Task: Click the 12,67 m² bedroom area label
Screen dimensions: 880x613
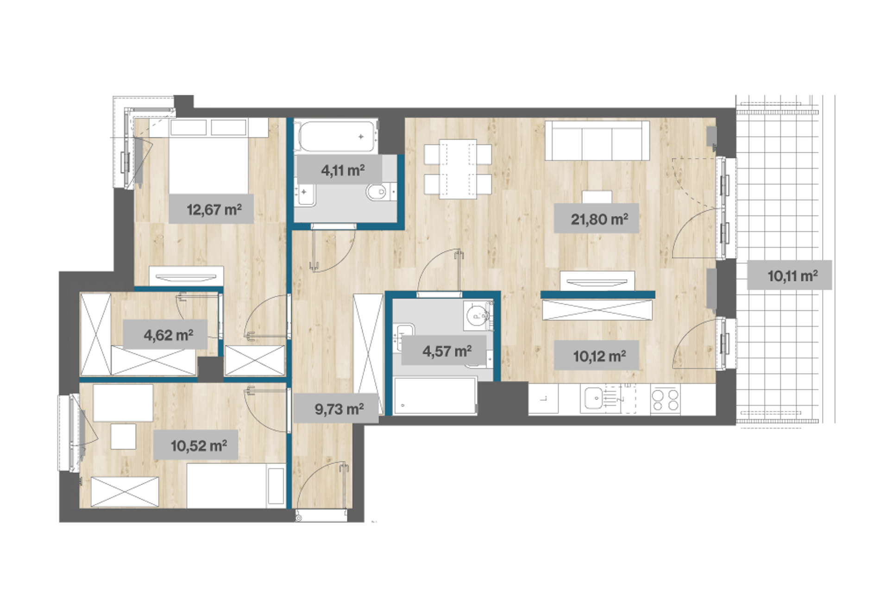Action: click(x=214, y=210)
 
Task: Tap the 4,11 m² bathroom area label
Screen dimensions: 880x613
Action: click(x=343, y=170)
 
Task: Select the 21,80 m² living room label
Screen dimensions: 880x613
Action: click(x=599, y=219)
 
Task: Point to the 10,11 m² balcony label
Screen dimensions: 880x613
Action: click(x=792, y=276)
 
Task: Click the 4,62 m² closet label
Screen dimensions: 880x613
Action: click(x=169, y=335)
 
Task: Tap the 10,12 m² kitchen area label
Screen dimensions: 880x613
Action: click(x=599, y=356)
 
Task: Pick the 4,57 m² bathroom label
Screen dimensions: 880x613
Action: click(x=447, y=351)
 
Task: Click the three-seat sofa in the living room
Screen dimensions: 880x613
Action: click(x=597, y=141)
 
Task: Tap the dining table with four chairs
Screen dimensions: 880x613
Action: click(x=458, y=169)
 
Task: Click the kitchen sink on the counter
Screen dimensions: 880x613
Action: click(x=593, y=399)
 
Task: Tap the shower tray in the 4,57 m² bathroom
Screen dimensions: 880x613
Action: click(x=434, y=396)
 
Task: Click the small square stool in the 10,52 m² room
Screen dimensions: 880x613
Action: click(x=123, y=436)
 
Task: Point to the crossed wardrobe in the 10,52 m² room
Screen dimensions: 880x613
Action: click(x=125, y=492)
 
